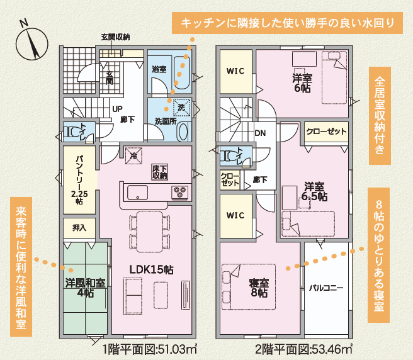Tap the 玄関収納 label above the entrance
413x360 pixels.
tap(116, 37)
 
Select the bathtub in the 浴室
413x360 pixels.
tap(181, 72)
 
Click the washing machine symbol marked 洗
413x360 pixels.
tap(182, 108)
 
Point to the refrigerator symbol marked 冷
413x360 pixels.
tap(134, 155)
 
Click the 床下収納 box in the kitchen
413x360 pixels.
tap(160, 172)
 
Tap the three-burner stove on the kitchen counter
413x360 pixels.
tap(180, 192)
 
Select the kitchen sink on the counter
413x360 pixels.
tap(137, 193)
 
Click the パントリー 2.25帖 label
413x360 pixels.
tap(79, 180)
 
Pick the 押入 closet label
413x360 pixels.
tap(79, 228)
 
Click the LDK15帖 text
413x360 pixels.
tap(152, 269)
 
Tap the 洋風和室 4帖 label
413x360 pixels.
tap(86, 288)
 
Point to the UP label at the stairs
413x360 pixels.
tap(117, 109)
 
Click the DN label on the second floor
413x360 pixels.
tap(260, 133)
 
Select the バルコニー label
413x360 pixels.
tap(326, 288)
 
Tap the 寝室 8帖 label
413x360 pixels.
tap(259, 288)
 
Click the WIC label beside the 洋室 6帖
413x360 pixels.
tap(235, 71)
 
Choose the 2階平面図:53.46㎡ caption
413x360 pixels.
tap(303, 349)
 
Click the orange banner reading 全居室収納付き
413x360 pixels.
tap(380, 116)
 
